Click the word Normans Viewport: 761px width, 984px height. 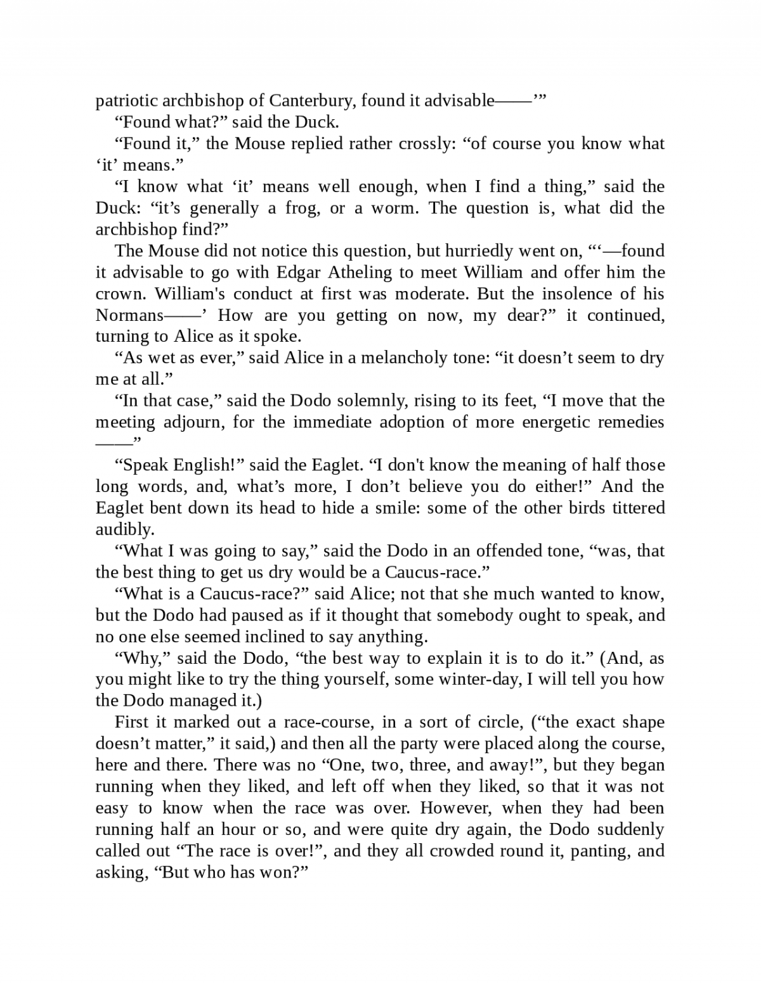[129, 315]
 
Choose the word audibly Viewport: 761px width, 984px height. [125, 529]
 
